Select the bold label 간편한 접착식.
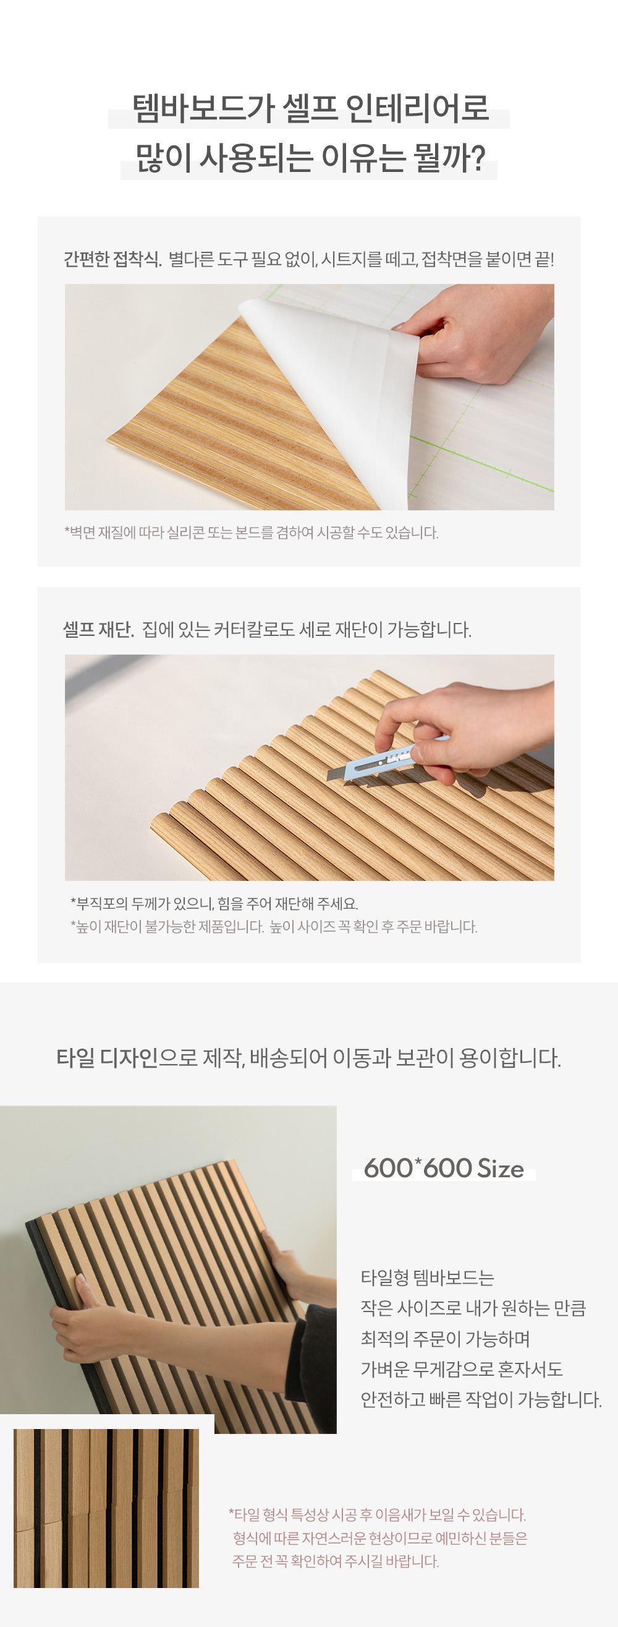(x=112, y=259)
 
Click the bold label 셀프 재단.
(x=98, y=630)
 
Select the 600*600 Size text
(x=444, y=1169)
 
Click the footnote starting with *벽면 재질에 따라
(x=252, y=533)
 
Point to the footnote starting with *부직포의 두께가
(x=214, y=904)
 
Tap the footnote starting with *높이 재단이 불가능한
(x=273, y=927)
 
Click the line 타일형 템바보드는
(x=428, y=1278)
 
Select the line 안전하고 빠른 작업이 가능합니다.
(x=481, y=1399)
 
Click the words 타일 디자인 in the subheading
(x=107, y=1057)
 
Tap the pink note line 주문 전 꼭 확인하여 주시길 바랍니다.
(x=335, y=1561)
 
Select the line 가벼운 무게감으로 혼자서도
(x=462, y=1369)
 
